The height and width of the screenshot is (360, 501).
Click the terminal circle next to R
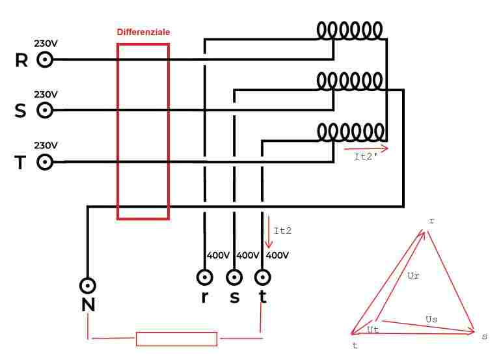tap(45, 59)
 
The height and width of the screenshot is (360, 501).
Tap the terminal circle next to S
tap(45, 110)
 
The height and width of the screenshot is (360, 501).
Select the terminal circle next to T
tap(45, 162)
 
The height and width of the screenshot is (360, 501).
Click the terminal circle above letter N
tap(88, 286)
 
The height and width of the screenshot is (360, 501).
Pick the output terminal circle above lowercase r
tap(204, 277)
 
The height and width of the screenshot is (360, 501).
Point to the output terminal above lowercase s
tap(234, 277)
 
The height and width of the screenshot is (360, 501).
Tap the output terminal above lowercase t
tap(262, 277)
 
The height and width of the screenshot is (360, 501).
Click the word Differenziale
tap(143, 32)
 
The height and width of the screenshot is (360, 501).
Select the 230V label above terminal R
tap(46, 43)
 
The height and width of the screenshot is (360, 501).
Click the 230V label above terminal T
tap(46, 145)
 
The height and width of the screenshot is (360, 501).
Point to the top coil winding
tap(349, 31)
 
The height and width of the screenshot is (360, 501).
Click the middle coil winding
tap(349, 81)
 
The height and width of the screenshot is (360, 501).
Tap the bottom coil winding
tap(351, 132)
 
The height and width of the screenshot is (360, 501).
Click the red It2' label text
tap(366, 156)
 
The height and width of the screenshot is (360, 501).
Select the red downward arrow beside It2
tap(269, 232)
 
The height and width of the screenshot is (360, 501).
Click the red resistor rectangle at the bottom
tap(177, 339)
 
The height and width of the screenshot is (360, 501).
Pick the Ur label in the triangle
tap(413, 275)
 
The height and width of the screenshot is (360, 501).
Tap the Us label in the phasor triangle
tap(431, 319)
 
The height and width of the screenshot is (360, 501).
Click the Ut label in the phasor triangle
tap(373, 329)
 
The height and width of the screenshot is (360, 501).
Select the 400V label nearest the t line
tap(277, 255)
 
